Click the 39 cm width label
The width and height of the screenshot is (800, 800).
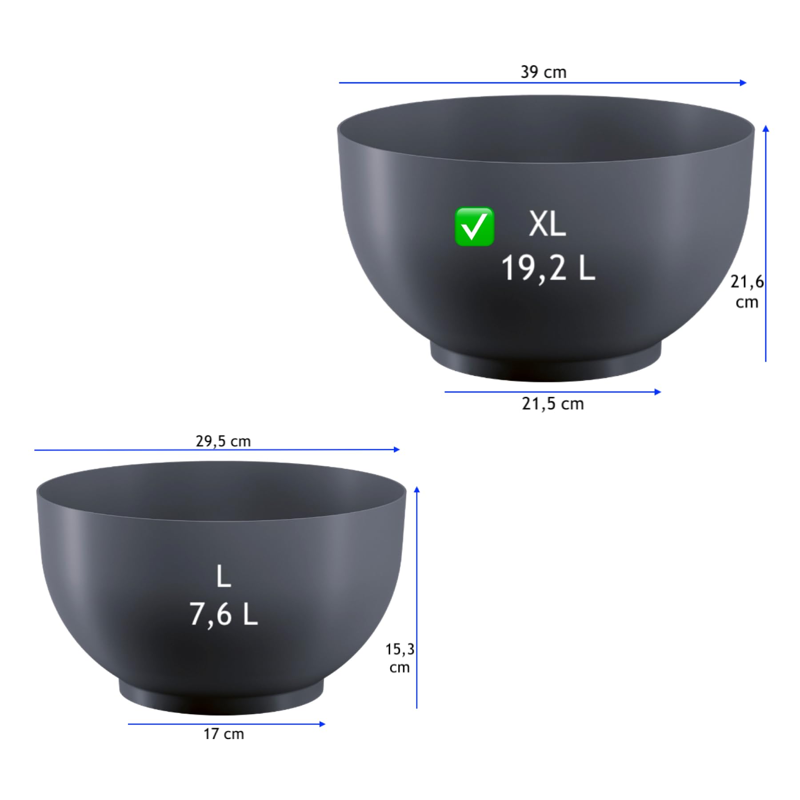tap(543, 72)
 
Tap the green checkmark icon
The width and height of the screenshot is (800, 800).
tap(474, 227)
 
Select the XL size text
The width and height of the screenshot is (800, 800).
tap(547, 224)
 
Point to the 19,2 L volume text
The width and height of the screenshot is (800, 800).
tap(548, 268)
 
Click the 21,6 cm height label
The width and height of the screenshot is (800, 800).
tap(747, 292)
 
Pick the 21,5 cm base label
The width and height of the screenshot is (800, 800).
tap(552, 404)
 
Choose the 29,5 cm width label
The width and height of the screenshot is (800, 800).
tap(223, 441)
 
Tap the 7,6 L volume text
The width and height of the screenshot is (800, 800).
tap(224, 614)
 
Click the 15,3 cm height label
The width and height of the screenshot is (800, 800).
tap(400, 658)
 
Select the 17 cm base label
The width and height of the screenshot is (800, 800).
tap(224, 734)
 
